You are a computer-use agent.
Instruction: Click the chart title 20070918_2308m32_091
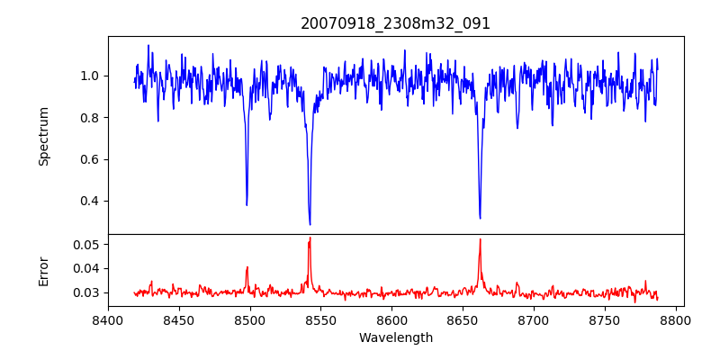click(395, 23)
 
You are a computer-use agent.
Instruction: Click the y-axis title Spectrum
click(43, 136)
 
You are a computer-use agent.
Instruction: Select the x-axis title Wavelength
click(395, 338)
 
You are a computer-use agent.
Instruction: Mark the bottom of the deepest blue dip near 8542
click(310, 224)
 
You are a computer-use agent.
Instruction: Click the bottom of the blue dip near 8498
click(247, 205)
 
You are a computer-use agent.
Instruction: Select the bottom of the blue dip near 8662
click(480, 218)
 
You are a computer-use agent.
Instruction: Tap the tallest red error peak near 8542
click(310, 238)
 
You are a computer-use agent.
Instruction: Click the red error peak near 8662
click(480, 239)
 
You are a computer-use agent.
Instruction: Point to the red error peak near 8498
click(247, 266)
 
